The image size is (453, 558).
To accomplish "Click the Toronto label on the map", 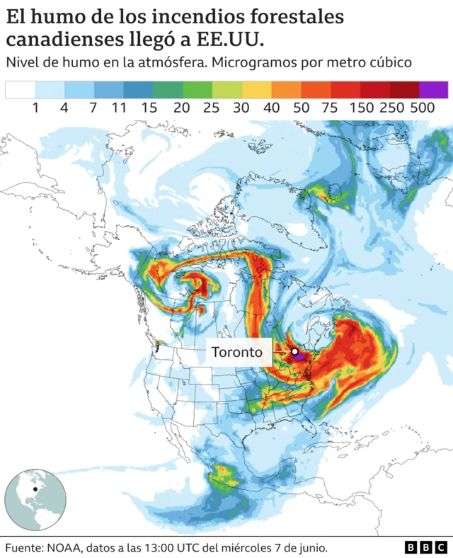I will [x=237, y=352].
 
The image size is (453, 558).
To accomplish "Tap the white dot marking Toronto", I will [x=294, y=351].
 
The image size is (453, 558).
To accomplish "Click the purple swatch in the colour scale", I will [x=433, y=89].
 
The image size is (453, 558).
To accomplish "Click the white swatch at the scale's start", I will [x=20, y=89].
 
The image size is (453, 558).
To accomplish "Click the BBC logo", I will [x=426, y=547].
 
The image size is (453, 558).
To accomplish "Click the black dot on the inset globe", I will [x=34, y=489].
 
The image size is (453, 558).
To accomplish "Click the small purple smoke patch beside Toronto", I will [x=301, y=358].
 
